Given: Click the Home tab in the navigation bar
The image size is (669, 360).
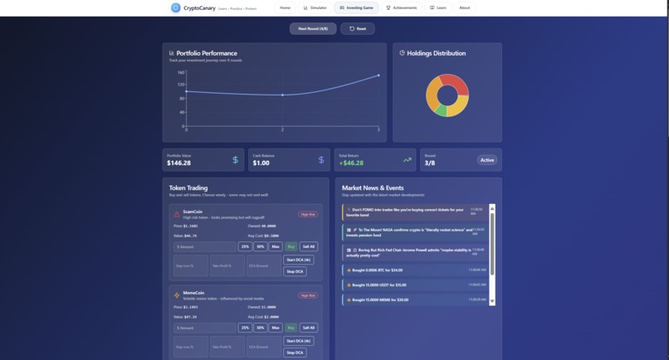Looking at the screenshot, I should pyautogui.click(x=286, y=7).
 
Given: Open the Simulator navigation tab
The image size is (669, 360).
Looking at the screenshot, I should pyautogui.click(x=315, y=7).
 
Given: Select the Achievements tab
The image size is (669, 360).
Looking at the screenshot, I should pyautogui.click(x=402, y=7).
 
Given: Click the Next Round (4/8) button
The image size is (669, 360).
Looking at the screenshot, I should pyautogui.click(x=313, y=28).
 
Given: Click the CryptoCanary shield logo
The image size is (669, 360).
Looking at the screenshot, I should pyautogui.click(x=175, y=7).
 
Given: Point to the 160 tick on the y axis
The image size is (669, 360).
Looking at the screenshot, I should pyautogui.click(x=181, y=73).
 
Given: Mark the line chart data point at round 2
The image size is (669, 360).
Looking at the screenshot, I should pyautogui.click(x=282, y=95).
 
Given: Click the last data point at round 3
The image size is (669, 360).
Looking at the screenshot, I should pyautogui.click(x=378, y=75).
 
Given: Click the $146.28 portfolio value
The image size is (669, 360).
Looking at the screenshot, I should pyautogui.click(x=179, y=163).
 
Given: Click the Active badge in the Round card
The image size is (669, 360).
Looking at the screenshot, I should pyautogui.click(x=487, y=160).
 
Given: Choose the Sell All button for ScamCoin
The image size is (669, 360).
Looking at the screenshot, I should pyautogui.click(x=309, y=246).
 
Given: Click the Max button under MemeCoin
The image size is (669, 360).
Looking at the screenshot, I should pyautogui.click(x=276, y=328).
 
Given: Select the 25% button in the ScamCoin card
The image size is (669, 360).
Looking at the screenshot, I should pyautogui.click(x=245, y=246).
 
